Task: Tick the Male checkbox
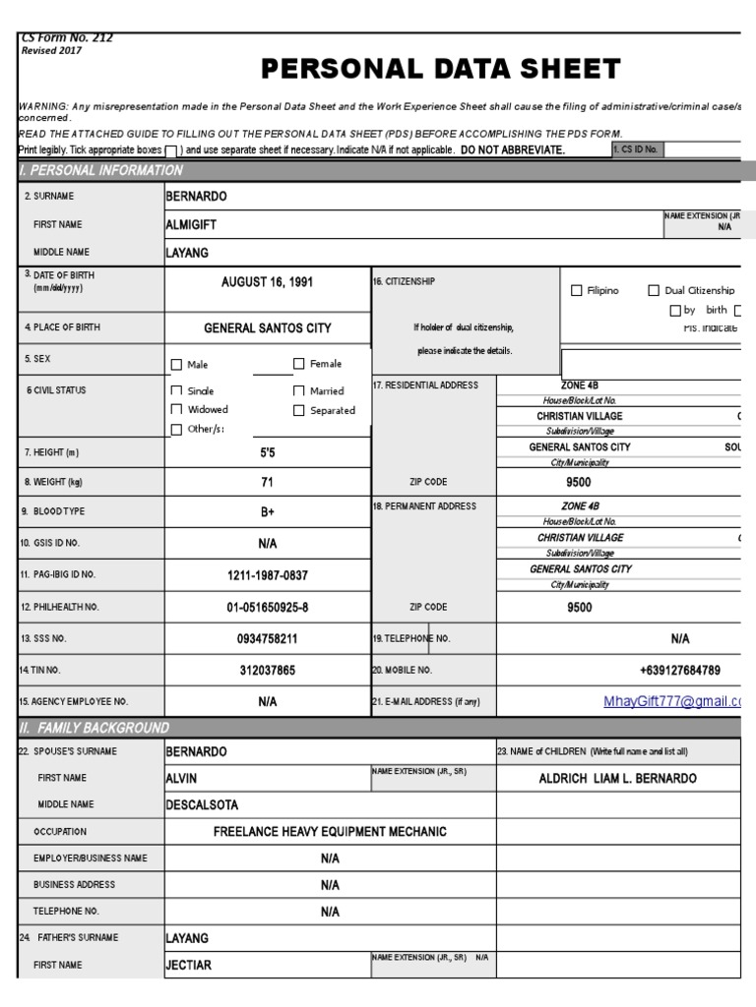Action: tap(177, 365)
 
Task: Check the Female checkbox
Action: tap(299, 364)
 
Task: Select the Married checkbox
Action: tap(299, 390)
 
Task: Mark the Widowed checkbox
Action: tap(177, 409)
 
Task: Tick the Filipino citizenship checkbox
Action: tap(577, 290)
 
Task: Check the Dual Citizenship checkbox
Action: tap(654, 290)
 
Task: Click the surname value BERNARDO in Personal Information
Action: tap(196, 196)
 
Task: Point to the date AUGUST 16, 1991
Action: tap(267, 281)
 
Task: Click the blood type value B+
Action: tap(267, 512)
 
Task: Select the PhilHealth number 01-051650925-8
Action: tap(267, 608)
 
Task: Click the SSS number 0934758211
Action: tap(267, 639)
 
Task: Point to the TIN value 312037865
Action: tap(267, 671)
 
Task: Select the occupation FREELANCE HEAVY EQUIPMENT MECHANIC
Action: tap(330, 832)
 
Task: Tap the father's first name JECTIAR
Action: tap(188, 965)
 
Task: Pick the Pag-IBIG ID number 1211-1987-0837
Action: tap(267, 574)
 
